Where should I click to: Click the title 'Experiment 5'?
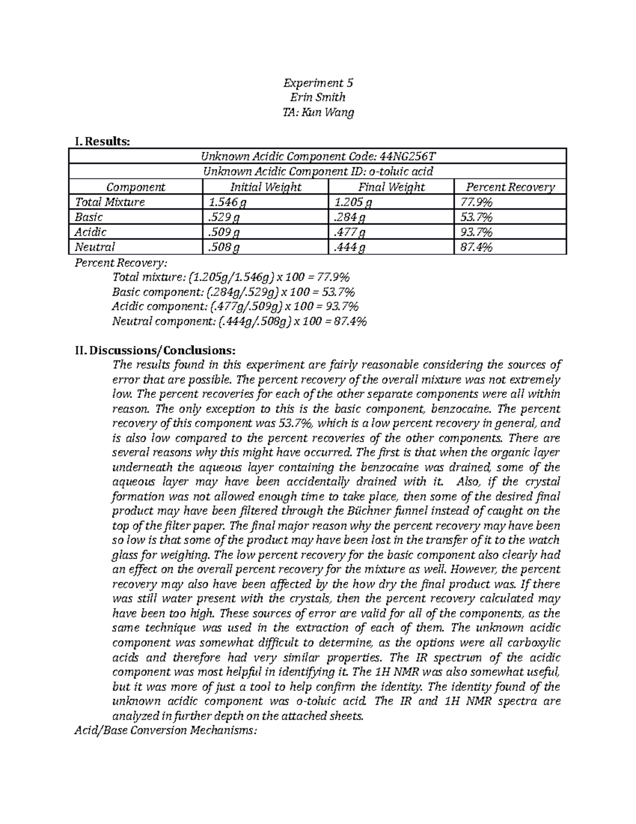[x=318, y=83]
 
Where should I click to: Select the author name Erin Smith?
[x=318, y=97]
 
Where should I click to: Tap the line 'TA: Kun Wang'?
[x=318, y=112]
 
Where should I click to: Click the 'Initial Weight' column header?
[x=265, y=187]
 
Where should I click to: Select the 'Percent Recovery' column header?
[x=510, y=187]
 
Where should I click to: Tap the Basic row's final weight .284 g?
[x=349, y=217]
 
